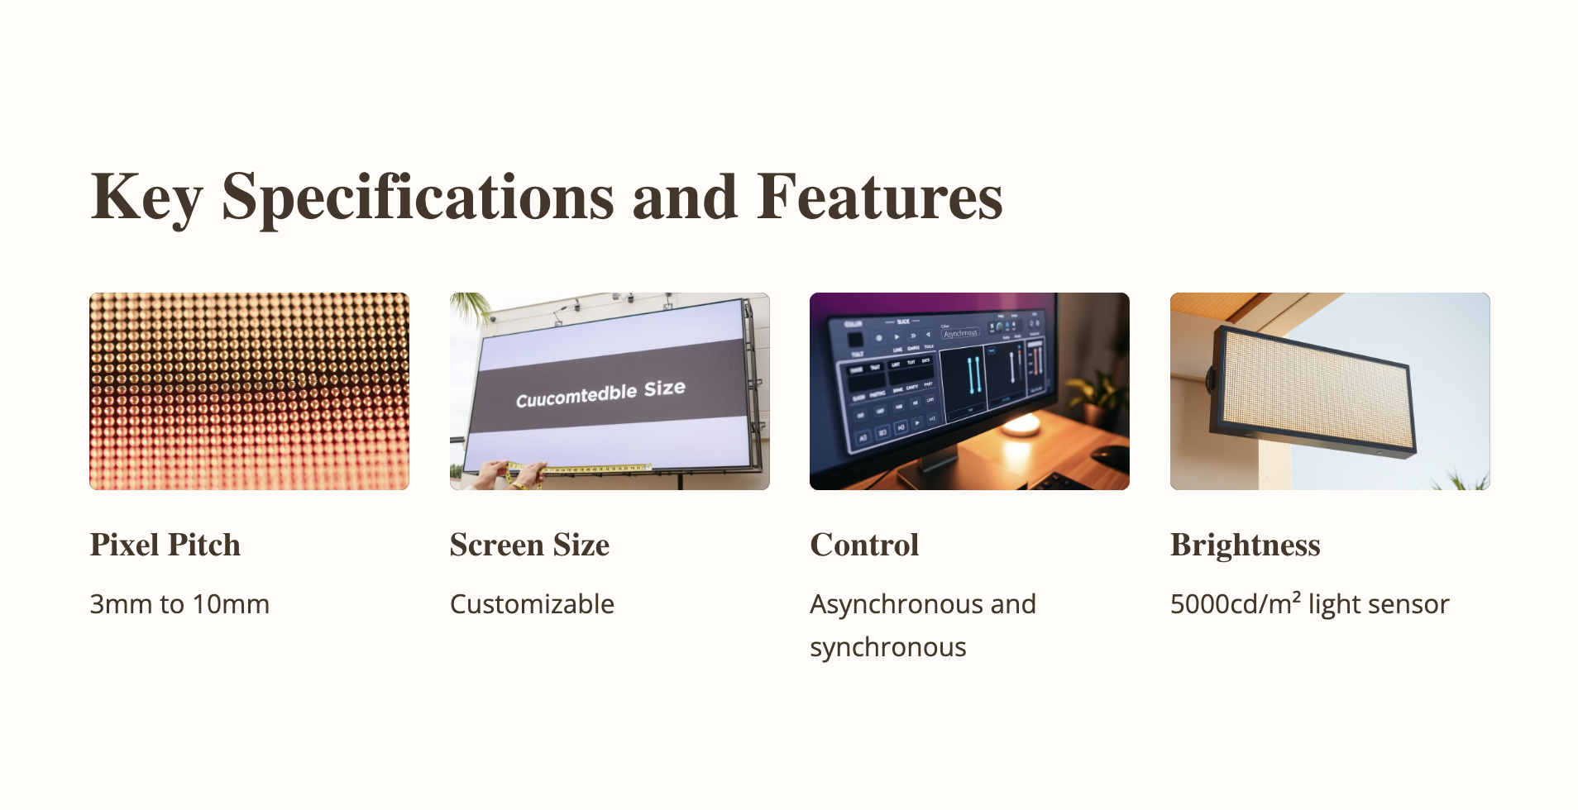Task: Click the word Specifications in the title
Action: coord(418,198)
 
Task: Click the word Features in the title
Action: coord(879,198)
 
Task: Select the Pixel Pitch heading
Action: coord(165,546)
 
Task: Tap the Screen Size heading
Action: coord(529,546)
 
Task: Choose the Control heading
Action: coord(864,546)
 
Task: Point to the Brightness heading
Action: coord(1245,546)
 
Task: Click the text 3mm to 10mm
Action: coord(179,604)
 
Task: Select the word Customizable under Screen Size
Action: coord(532,604)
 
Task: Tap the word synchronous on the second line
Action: coord(887,647)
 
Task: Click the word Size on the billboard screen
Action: coord(664,388)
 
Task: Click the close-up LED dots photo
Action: coord(249,391)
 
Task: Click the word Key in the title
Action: coord(146,198)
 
